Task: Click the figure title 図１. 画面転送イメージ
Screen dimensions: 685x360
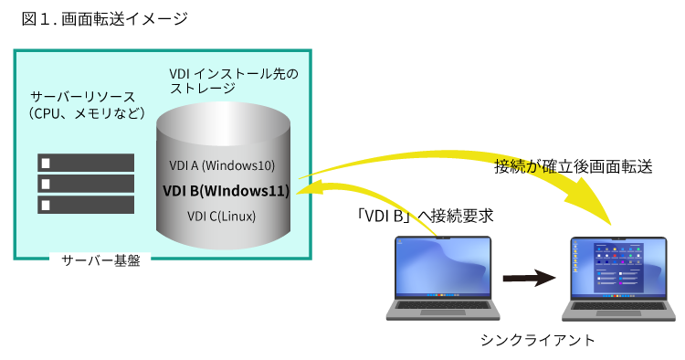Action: click(x=104, y=19)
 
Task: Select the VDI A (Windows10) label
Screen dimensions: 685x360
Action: click(x=222, y=165)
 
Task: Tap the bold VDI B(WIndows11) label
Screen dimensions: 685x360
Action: click(x=226, y=191)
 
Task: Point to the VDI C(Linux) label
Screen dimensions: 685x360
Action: click(x=222, y=217)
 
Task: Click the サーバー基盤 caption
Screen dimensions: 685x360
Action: click(x=100, y=260)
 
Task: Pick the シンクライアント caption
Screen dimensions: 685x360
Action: click(x=537, y=340)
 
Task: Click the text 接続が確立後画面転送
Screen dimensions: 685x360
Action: click(x=574, y=166)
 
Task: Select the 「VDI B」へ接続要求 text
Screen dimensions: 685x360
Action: click(x=425, y=216)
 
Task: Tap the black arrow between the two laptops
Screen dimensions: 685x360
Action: click(x=529, y=278)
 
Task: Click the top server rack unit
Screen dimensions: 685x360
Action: click(x=86, y=163)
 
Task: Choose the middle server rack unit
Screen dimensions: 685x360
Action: click(x=86, y=184)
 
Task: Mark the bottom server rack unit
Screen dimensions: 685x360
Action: click(x=86, y=205)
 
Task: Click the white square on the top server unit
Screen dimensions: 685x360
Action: click(x=46, y=163)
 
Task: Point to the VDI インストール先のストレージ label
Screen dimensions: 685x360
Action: click(x=234, y=80)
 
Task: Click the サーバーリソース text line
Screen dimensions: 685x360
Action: click(x=82, y=97)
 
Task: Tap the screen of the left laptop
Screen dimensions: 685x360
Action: click(x=443, y=267)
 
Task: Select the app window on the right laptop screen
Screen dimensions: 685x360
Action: click(x=618, y=268)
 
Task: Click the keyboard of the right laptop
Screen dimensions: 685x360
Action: click(x=618, y=306)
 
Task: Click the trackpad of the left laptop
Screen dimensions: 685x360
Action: click(x=443, y=312)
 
